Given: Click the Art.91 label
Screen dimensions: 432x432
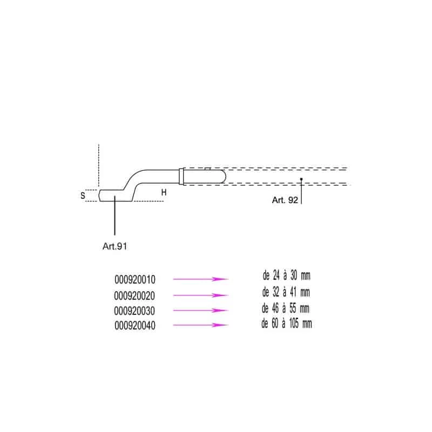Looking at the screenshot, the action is pyautogui.click(x=114, y=246).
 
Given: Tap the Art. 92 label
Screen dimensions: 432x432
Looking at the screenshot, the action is pyautogui.click(x=285, y=200).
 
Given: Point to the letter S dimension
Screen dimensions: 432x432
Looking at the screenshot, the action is pyautogui.click(x=83, y=195).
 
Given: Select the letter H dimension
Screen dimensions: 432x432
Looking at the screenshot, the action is pyautogui.click(x=164, y=192).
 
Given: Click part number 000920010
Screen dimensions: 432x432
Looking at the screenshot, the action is pyautogui.click(x=135, y=279).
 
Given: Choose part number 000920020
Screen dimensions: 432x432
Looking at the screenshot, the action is pyautogui.click(x=134, y=295).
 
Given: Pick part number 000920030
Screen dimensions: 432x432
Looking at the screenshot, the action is pyautogui.click(x=134, y=311).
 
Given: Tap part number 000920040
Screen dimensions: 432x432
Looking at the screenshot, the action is pyautogui.click(x=135, y=326).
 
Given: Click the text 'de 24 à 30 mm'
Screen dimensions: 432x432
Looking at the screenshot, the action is pyautogui.click(x=287, y=275).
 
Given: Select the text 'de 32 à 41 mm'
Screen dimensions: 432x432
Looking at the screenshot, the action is pyautogui.click(x=286, y=292).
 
